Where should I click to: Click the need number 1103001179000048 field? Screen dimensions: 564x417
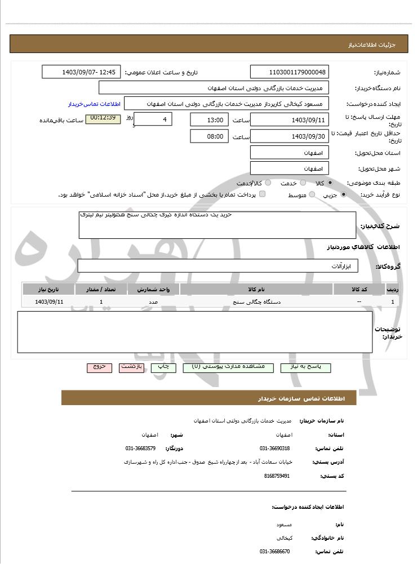click(x=289, y=72)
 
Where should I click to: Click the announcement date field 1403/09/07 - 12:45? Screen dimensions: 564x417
click(x=81, y=72)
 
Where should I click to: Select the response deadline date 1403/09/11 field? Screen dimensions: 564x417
click(x=289, y=119)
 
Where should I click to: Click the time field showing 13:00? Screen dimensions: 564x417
click(x=209, y=119)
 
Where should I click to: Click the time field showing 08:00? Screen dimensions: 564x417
click(x=209, y=136)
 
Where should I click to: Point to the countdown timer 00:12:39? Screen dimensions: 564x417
click(x=103, y=118)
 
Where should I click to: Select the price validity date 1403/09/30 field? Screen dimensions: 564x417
click(x=289, y=136)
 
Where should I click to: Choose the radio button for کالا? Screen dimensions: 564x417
click(x=330, y=183)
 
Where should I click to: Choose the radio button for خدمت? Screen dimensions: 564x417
click(x=303, y=183)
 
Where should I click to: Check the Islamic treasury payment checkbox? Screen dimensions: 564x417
click(x=262, y=194)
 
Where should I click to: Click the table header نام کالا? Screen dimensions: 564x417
click(x=256, y=289)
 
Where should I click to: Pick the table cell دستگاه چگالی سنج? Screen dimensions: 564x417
click(x=256, y=302)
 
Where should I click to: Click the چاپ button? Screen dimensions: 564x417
click(x=163, y=367)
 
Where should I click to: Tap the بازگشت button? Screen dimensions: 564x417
click(x=131, y=367)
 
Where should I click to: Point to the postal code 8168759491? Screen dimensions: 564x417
click(x=277, y=476)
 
